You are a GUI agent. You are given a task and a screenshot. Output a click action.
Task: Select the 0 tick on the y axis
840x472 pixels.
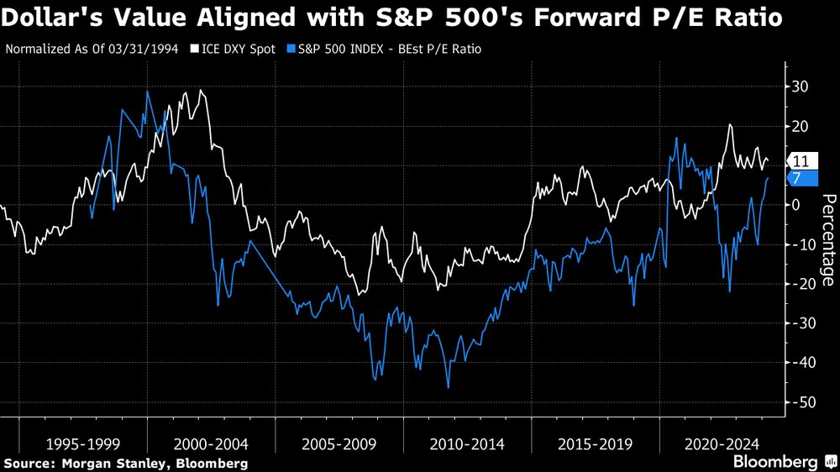798,205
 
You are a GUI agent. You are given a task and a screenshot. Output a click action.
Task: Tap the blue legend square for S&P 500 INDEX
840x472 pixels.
290,50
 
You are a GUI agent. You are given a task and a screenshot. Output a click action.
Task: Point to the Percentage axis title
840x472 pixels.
827,239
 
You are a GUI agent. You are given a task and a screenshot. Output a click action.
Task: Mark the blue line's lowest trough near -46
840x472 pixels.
449,387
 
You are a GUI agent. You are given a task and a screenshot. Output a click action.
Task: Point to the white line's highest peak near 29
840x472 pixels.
200,91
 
